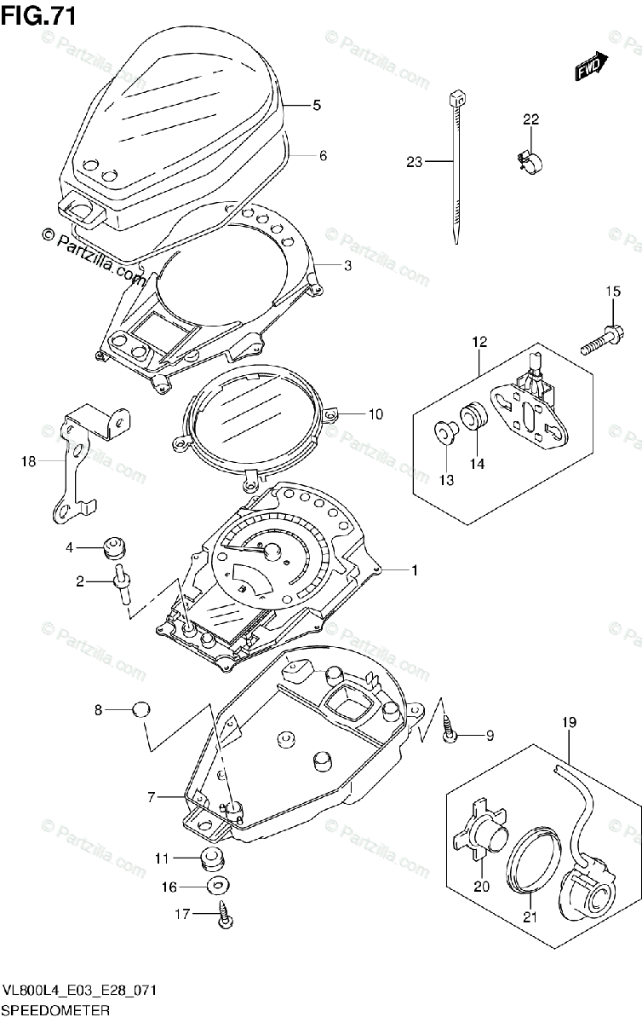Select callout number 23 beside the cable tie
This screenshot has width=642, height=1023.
[x=415, y=162]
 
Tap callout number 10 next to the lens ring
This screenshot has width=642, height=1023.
[x=375, y=414]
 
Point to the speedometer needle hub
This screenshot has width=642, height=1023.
[x=272, y=551]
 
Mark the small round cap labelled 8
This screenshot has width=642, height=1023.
[x=141, y=708]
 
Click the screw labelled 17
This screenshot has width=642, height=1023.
[x=226, y=916]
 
